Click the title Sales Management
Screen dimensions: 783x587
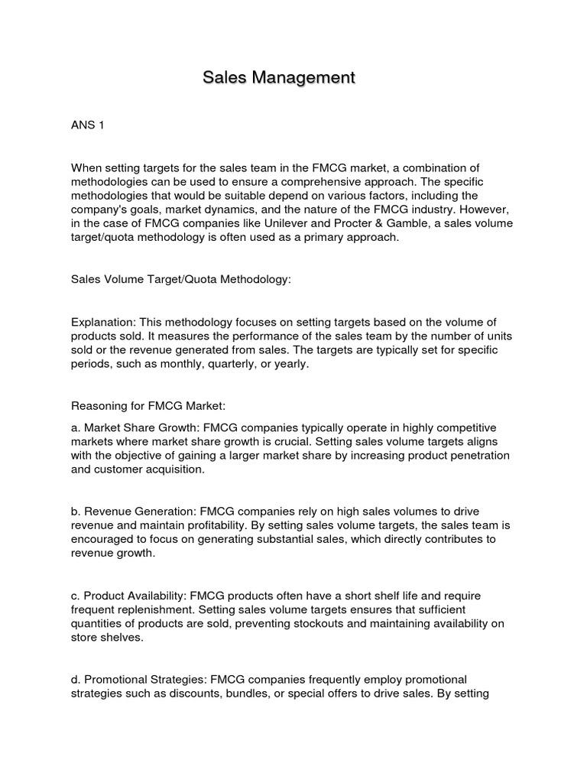[x=279, y=77]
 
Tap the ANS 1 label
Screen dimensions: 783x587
[x=87, y=125]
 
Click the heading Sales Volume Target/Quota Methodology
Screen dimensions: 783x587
[x=181, y=280]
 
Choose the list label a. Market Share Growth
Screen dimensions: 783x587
[x=138, y=427]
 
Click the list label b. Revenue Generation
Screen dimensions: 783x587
[x=136, y=511]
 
